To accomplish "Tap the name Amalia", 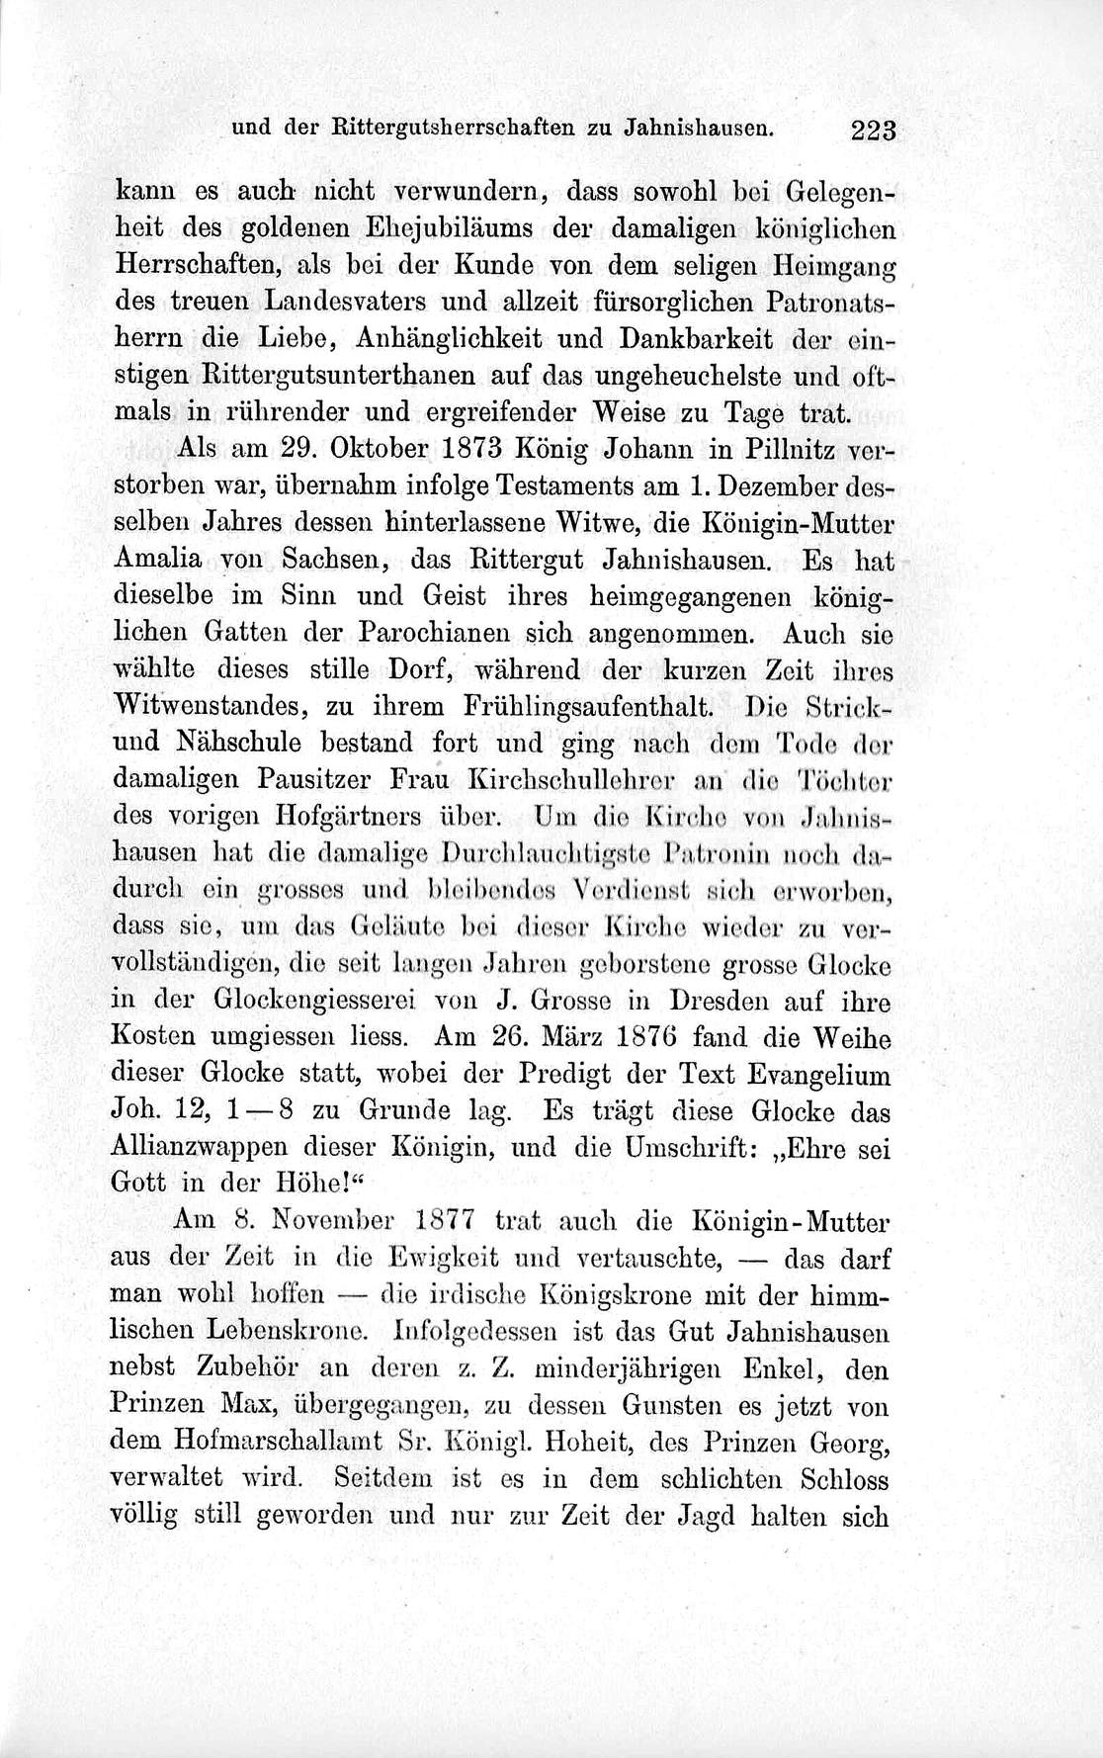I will point(158,558).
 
